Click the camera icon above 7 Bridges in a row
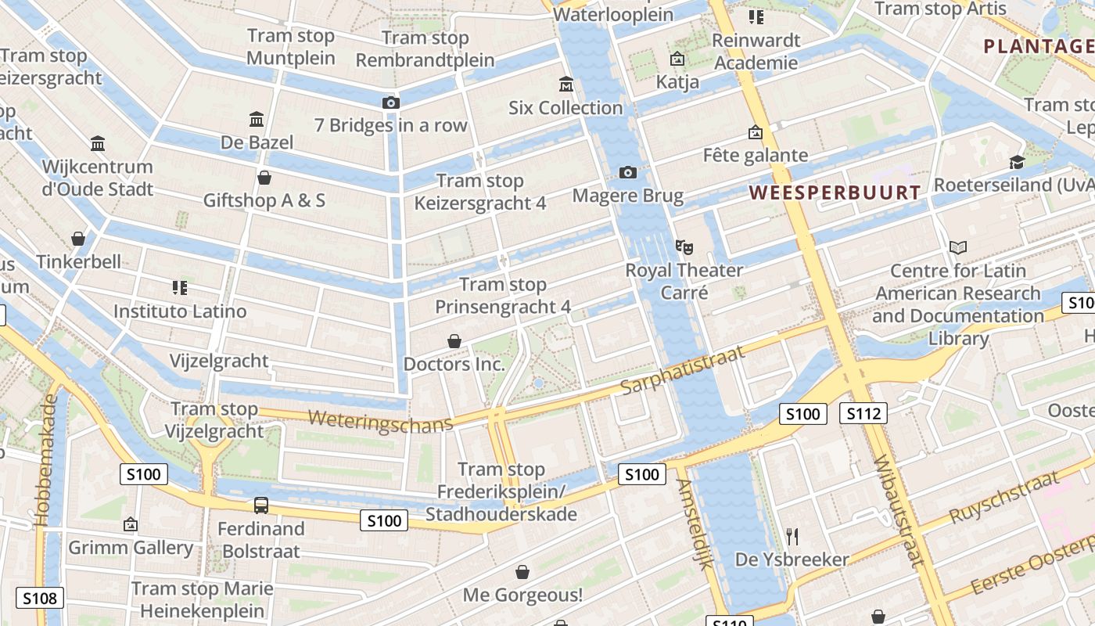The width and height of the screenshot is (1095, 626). click(390, 103)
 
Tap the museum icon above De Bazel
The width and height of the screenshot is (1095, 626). click(256, 120)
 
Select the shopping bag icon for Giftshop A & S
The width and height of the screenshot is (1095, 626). click(264, 178)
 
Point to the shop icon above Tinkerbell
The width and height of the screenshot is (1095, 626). click(78, 238)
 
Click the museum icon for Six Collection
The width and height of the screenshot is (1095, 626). click(565, 84)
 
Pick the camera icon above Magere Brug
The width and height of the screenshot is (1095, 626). click(627, 172)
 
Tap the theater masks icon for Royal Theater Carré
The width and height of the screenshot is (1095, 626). click(684, 247)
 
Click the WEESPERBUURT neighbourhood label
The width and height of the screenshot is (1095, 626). click(835, 192)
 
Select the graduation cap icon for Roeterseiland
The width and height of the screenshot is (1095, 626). click(1017, 162)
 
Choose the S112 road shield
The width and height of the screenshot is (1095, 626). click(863, 413)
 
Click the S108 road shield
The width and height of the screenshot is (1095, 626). click(39, 599)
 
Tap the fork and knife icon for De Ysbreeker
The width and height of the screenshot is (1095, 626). click(792, 536)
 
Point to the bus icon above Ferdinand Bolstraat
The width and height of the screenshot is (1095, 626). click(261, 505)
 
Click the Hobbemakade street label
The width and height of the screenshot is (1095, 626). click(46, 459)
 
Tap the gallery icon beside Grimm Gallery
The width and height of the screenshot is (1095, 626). click(131, 524)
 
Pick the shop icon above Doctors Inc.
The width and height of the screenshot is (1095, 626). click(454, 341)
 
